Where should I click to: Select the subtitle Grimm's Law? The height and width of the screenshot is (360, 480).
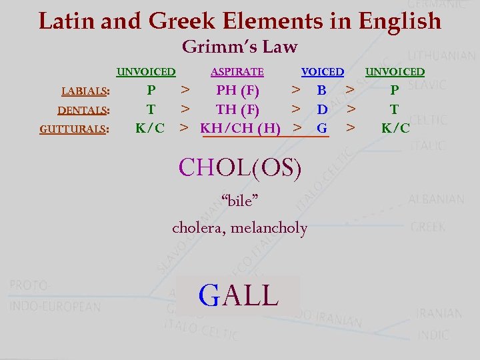(239, 47)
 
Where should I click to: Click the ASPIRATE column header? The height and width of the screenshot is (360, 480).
(237, 72)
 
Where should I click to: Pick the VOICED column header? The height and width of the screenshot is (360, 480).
(323, 72)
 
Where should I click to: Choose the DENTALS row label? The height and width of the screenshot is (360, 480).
(83, 110)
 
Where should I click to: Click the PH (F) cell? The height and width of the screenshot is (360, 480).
(238, 90)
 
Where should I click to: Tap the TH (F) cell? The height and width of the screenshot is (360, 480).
(238, 109)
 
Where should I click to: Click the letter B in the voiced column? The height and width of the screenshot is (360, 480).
(322, 90)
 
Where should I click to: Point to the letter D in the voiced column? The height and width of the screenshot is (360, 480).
(322, 109)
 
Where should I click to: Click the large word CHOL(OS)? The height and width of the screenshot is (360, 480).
(240, 167)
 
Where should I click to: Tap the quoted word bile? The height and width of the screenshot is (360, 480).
(239, 199)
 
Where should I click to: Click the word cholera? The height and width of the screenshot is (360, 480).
(199, 228)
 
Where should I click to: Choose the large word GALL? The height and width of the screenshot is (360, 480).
(239, 295)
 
